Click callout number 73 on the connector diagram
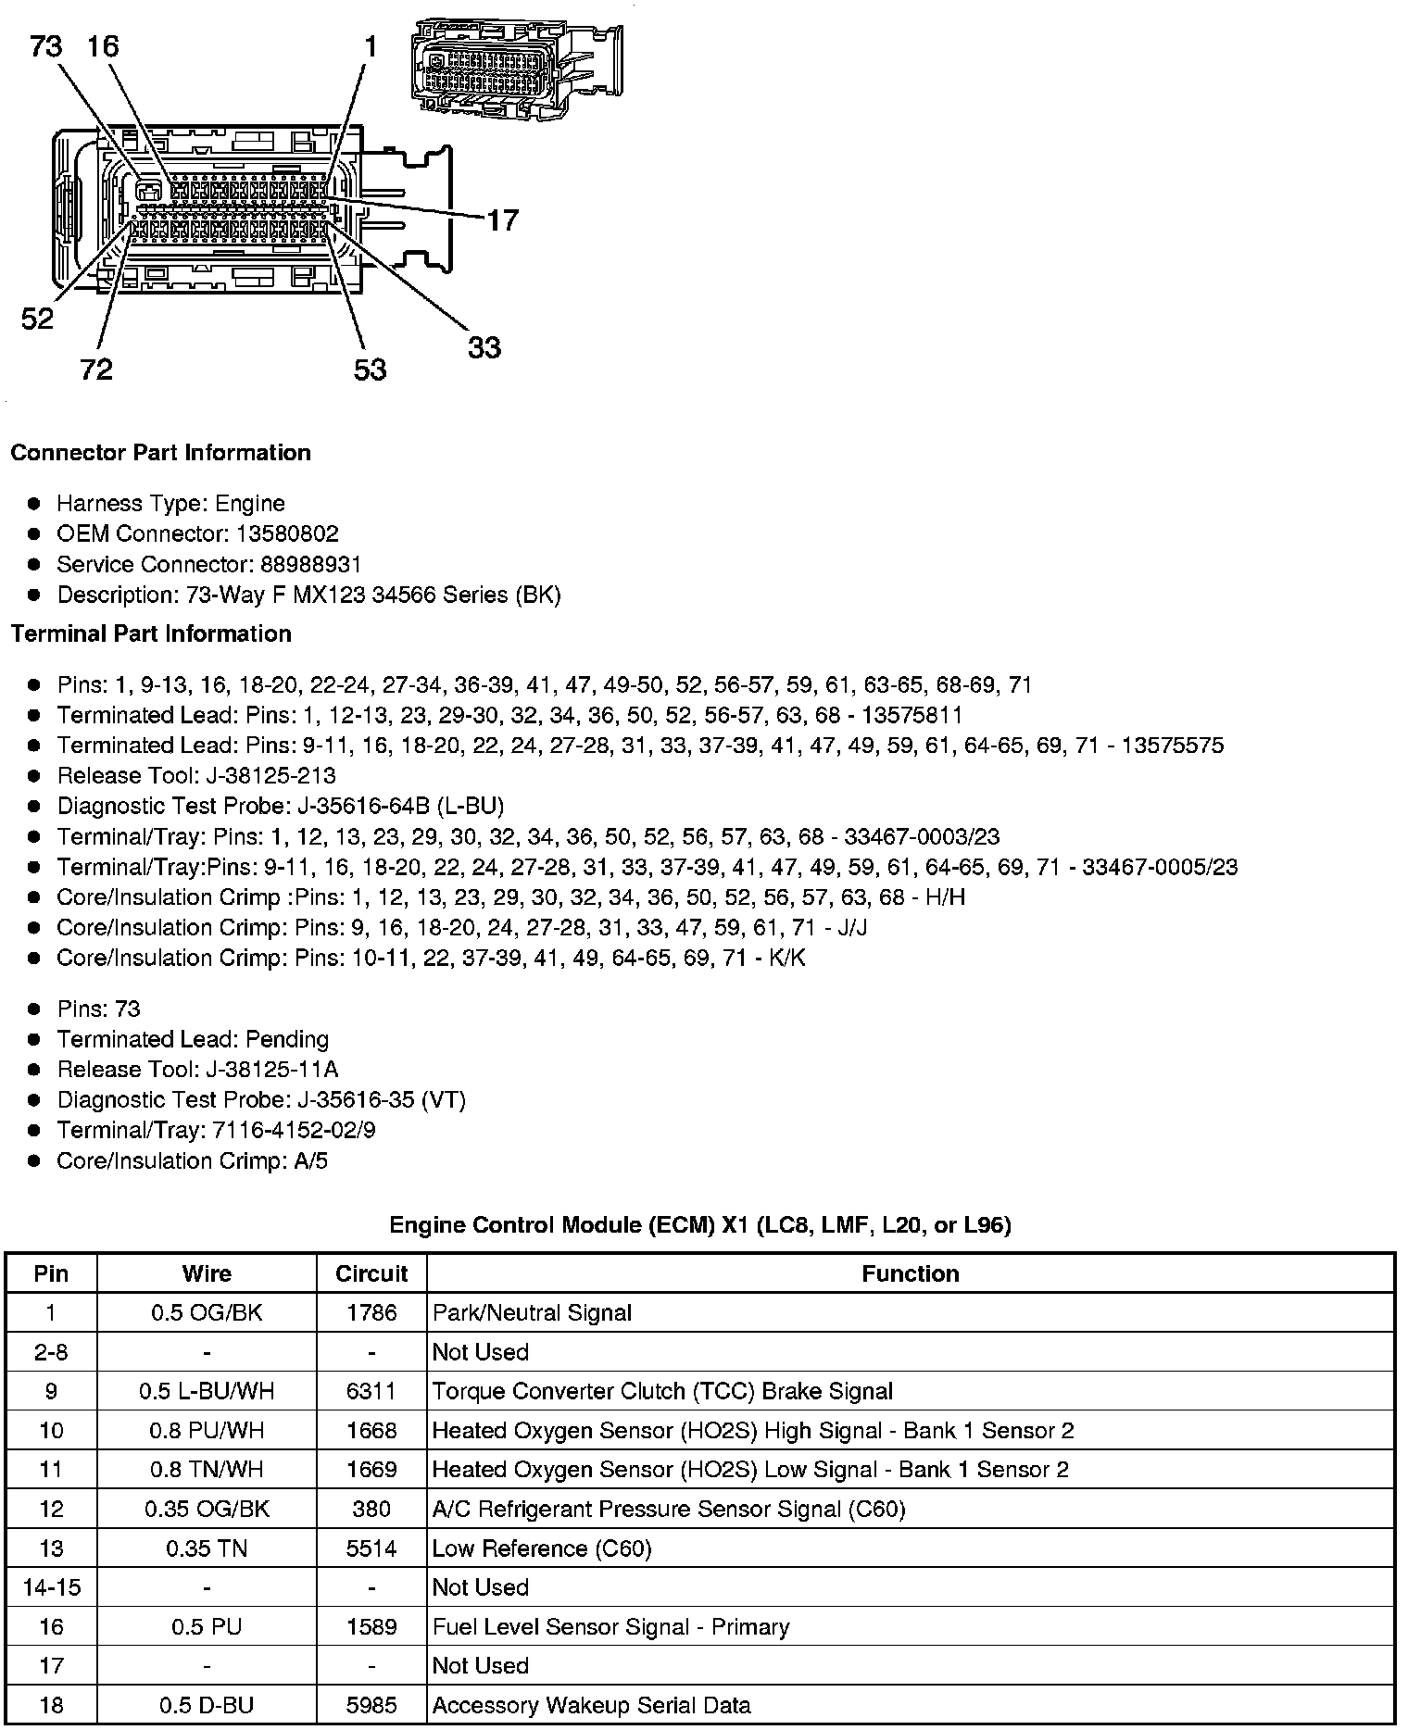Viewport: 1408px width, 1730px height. (x=46, y=45)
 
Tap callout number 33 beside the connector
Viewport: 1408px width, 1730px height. (x=484, y=348)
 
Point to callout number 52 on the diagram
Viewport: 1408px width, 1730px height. (x=37, y=320)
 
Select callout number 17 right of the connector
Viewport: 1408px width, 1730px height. (x=502, y=220)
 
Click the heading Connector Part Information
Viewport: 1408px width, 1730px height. (x=160, y=453)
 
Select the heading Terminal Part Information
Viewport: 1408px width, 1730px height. (x=151, y=634)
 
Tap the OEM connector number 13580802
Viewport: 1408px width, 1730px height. (x=288, y=534)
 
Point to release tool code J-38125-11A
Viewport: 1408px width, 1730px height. (x=269, y=1070)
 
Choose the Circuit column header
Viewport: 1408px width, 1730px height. (x=371, y=1273)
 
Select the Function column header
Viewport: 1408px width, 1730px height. (x=910, y=1273)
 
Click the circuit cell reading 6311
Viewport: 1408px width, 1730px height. (x=371, y=1391)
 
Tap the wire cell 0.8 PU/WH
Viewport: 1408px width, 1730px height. (x=207, y=1431)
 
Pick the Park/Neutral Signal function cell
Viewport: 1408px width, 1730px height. (x=532, y=1313)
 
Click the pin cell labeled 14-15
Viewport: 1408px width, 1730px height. (x=51, y=1587)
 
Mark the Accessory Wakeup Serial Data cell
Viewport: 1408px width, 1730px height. (x=591, y=1706)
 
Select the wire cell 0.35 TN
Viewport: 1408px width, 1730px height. (x=207, y=1548)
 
